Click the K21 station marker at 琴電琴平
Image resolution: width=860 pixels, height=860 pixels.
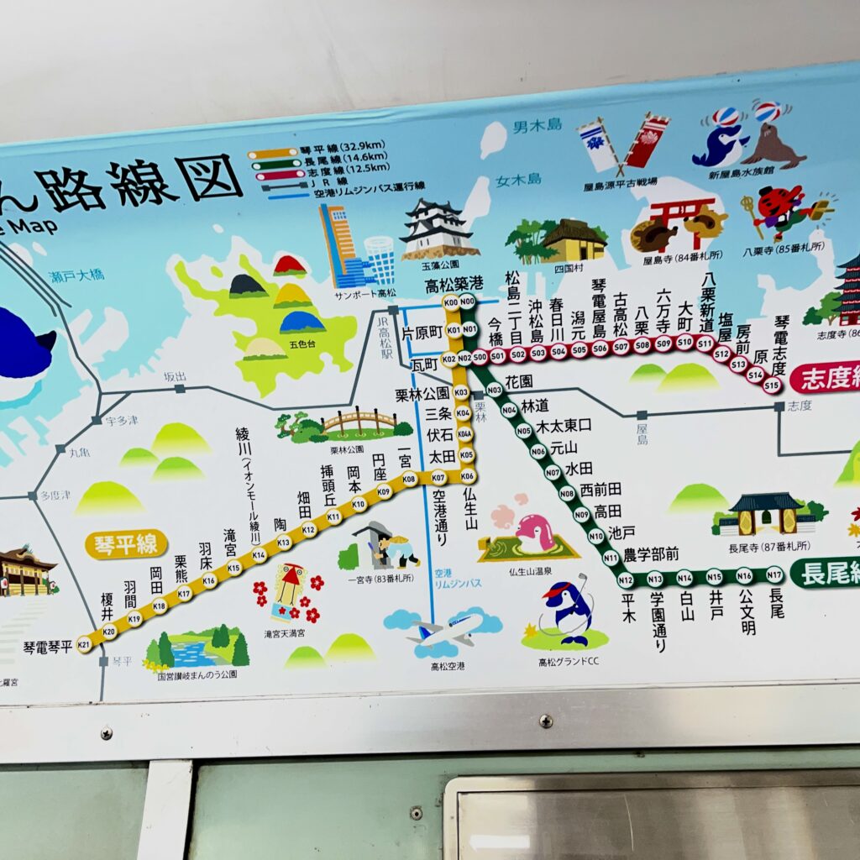pyautogui.click(x=84, y=644)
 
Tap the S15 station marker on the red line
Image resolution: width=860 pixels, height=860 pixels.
pyautogui.click(x=773, y=385)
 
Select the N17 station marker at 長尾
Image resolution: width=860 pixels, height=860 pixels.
pyautogui.click(x=774, y=575)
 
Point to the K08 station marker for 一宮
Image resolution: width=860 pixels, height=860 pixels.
pyautogui.click(x=410, y=479)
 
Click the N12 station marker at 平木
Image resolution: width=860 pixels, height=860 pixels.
pyautogui.click(x=625, y=579)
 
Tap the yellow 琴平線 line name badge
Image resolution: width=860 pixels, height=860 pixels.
pyautogui.click(x=126, y=544)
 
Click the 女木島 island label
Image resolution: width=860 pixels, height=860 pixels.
pyautogui.click(x=518, y=179)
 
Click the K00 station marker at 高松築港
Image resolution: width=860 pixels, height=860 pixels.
pyautogui.click(x=450, y=302)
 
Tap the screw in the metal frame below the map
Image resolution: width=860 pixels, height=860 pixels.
pyautogui.click(x=546, y=721)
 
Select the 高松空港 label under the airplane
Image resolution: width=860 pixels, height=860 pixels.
pyautogui.click(x=447, y=666)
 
